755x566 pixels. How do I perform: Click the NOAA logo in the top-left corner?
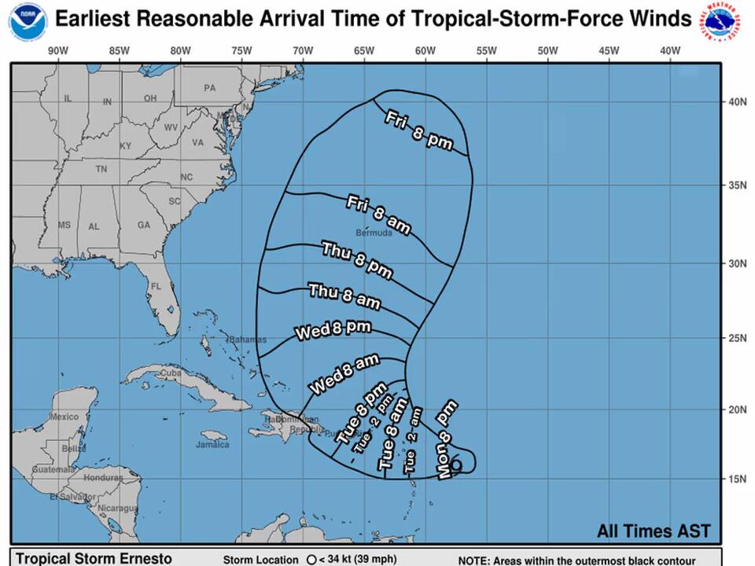pos(28,21)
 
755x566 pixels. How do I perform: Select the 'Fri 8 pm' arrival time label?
pos(418,130)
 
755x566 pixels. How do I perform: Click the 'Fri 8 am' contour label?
pos(379,215)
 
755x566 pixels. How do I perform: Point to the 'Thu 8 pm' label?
pos(357,259)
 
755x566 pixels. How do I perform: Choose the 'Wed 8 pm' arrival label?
pos(333,330)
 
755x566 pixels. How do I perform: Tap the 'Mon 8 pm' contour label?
pos(447,439)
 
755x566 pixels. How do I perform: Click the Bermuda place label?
pos(374,233)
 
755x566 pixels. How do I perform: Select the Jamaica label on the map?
pos(212,444)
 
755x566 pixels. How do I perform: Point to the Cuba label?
pos(171,373)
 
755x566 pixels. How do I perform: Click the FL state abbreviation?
pos(156,287)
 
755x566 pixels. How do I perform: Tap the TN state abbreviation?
pos(101,169)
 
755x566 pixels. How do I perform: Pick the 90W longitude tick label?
pos(57,51)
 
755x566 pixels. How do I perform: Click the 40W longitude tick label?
pos(670,51)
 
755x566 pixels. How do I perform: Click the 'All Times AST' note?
pos(653,531)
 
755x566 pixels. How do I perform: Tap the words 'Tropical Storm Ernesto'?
pos(94,559)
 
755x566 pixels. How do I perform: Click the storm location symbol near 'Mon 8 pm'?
pos(456,465)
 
